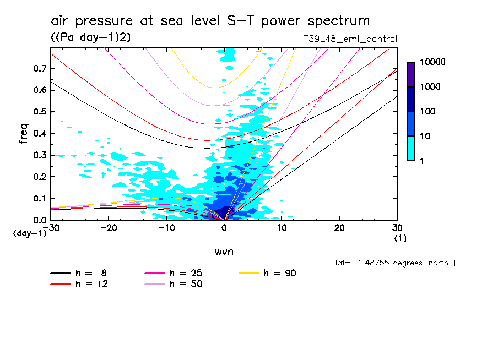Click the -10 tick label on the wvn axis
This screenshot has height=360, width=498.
[166, 227]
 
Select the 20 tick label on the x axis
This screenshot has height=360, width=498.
[339, 227]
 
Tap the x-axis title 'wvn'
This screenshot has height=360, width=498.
[223, 252]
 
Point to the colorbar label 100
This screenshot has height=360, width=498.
[427, 111]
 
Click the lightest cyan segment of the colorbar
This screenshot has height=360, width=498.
[411, 148]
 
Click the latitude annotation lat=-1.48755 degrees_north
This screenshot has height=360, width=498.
[391, 263]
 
